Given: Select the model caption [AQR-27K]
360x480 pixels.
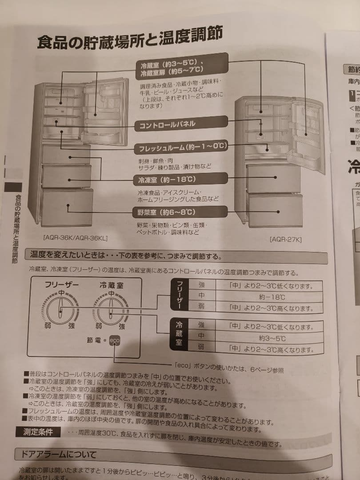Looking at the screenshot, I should [285, 240].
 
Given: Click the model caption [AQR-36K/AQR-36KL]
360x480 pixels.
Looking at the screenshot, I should [76, 238].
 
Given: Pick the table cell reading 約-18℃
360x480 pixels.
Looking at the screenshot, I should [272, 296].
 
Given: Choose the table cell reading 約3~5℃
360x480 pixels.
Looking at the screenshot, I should [272, 338].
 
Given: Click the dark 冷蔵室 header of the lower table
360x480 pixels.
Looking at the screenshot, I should [179, 336].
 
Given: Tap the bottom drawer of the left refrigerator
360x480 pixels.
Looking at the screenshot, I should [68, 206].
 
